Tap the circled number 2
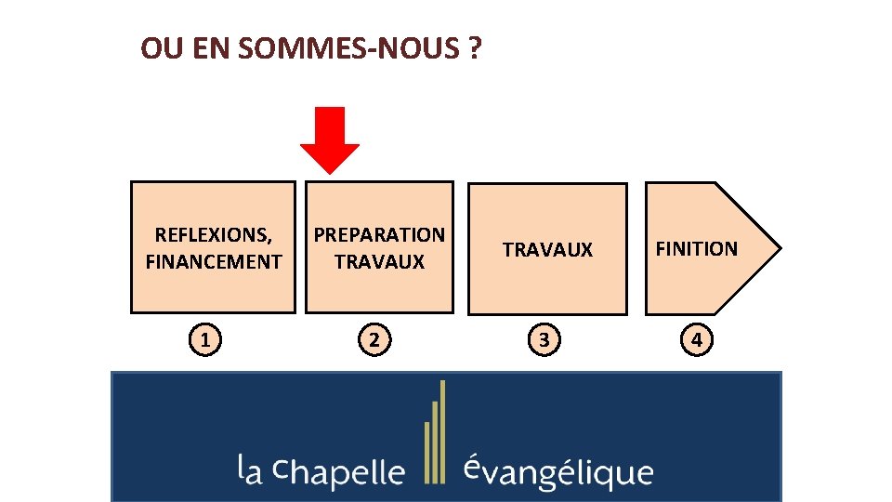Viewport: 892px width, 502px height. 374,341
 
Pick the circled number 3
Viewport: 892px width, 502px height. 544,341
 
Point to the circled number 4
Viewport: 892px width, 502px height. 697,341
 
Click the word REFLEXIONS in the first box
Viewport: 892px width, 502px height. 213,235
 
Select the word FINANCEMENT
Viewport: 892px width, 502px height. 213,262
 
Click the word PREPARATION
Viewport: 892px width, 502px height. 379,235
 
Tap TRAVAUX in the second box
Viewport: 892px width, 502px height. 379,262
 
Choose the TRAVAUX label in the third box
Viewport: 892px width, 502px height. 547,249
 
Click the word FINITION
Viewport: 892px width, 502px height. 696,248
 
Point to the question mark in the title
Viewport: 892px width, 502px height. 475,48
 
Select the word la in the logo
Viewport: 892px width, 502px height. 249,470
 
